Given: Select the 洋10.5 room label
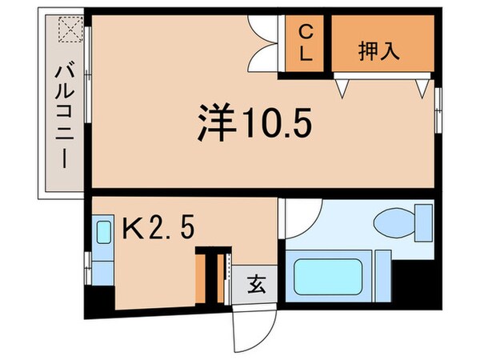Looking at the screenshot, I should [253, 124].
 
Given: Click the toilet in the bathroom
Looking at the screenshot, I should [397, 222].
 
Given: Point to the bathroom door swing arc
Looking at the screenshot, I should [303, 214].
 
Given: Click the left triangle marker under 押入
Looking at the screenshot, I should [342, 89].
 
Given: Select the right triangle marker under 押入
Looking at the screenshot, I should [419, 89].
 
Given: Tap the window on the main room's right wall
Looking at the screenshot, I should [438, 104].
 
